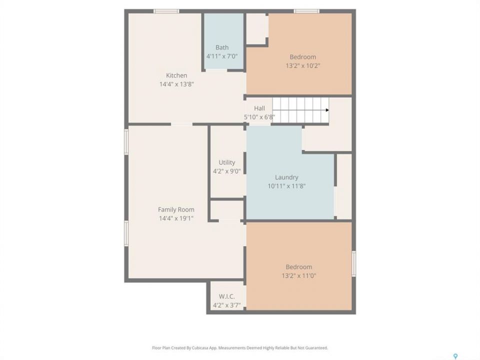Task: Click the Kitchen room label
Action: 176,75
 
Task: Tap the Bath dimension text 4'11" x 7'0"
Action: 222,56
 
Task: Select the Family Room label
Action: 176,209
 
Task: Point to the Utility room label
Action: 227,162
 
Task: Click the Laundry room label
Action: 286,177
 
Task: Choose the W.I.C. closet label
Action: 227,296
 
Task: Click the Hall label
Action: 259,108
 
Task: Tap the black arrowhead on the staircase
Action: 327,110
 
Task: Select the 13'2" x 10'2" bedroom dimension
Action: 303,66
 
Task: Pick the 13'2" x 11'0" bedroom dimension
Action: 299,276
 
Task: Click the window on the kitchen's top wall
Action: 166,11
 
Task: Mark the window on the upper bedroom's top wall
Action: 306,11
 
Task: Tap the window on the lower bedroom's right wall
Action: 354,264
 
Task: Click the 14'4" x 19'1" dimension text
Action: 176,218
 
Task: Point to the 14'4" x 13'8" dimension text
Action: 176,84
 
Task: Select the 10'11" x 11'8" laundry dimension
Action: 286,186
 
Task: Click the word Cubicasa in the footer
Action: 200,348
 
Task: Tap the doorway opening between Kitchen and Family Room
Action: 181,124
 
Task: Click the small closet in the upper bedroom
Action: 256,29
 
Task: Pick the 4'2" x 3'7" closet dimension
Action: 227,305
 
